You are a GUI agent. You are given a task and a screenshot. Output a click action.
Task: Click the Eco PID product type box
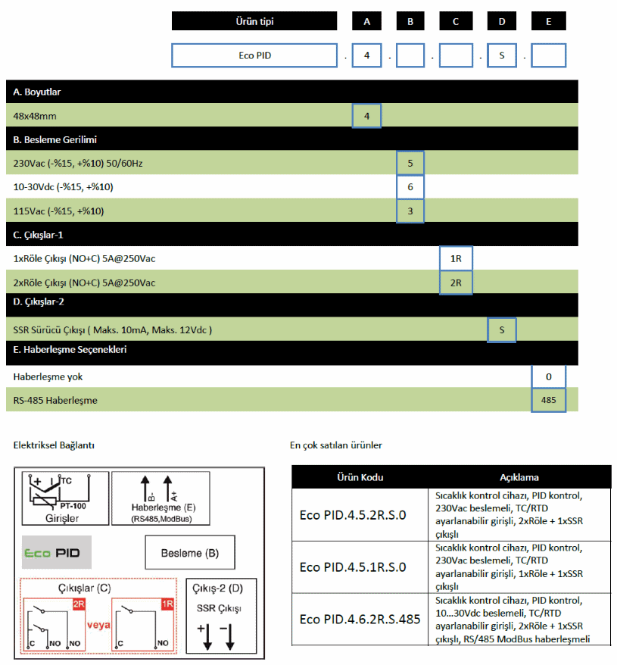tap(254, 55)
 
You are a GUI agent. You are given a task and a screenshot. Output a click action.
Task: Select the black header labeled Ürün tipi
tap(254, 21)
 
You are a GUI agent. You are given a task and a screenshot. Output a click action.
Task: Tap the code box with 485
tap(549, 400)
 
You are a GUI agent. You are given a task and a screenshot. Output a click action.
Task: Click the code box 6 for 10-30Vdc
tap(410, 187)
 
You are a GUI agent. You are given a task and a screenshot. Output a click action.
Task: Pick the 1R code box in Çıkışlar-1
tap(456, 258)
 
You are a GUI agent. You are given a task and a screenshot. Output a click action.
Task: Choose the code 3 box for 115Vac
tap(410, 211)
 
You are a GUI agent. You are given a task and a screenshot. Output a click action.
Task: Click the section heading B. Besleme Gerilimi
tap(55, 139)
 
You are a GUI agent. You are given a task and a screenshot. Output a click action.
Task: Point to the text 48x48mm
tap(35, 116)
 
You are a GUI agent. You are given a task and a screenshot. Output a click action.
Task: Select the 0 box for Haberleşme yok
tap(549, 376)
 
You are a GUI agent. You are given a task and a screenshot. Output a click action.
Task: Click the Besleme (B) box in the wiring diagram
tap(190, 553)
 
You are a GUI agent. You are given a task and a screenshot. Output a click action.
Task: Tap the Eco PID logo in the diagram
tap(56, 552)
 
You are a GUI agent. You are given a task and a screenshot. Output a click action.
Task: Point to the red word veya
tap(98, 626)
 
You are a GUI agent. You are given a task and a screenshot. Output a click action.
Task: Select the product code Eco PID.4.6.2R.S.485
tap(360, 620)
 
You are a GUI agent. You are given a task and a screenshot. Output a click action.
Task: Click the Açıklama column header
tap(519, 477)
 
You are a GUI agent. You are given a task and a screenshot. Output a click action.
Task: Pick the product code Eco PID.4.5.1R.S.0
tap(353, 567)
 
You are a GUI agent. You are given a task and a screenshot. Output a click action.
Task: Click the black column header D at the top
tap(502, 21)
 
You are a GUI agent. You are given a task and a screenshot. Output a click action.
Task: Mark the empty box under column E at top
tap(549, 55)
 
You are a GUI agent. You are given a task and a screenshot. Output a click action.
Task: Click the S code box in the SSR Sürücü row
tap(501, 329)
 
